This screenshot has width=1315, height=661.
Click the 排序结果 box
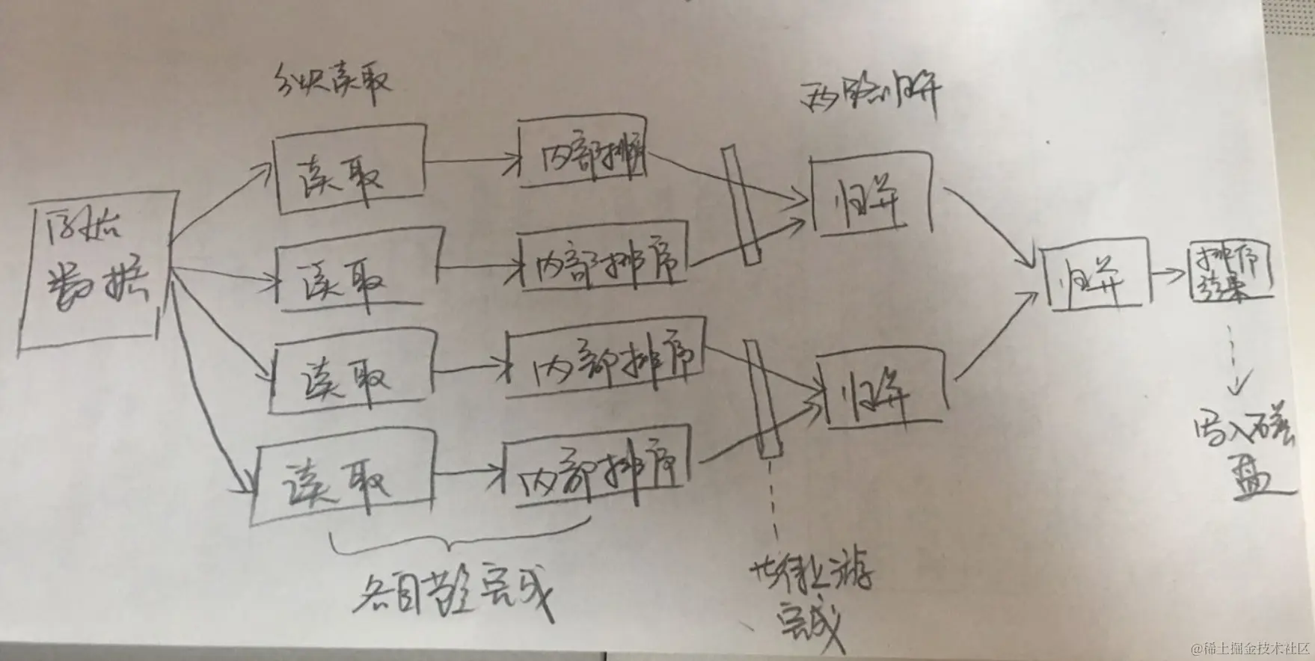pos(1230,273)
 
